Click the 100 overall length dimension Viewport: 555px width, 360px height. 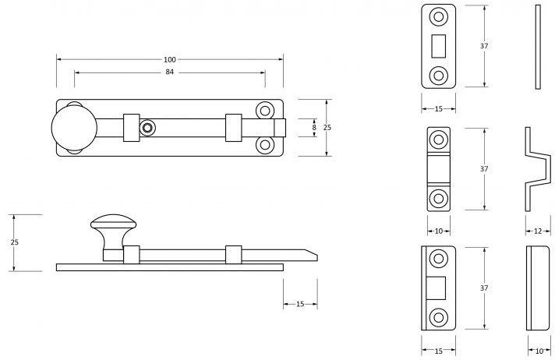(x=169, y=60)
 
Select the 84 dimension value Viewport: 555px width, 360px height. (x=169, y=72)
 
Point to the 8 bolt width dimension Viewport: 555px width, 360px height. (x=314, y=127)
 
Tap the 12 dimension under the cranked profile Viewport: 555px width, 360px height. (x=539, y=231)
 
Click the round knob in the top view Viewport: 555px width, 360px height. (x=74, y=127)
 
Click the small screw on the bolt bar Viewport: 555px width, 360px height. (x=147, y=127)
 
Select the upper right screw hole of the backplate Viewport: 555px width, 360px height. (x=266, y=111)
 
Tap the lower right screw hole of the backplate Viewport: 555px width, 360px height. (x=266, y=144)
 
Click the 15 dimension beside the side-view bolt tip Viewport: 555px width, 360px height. (x=300, y=304)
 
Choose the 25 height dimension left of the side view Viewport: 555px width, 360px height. (x=14, y=242)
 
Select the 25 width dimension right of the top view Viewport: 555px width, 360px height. (x=328, y=127)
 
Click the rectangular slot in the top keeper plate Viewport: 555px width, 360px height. (x=438, y=46)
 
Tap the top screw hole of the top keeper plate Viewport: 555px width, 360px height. (x=439, y=17)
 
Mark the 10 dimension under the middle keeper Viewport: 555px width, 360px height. (x=439, y=231)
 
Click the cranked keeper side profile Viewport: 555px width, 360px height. (x=532, y=169)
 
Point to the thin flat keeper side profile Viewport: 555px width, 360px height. (x=537, y=46)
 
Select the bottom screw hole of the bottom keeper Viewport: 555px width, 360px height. (x=439, y=316)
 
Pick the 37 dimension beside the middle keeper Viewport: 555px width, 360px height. (x=484, y=168)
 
